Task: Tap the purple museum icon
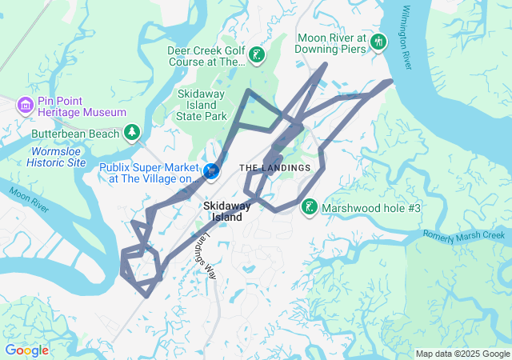26,104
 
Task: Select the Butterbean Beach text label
75,134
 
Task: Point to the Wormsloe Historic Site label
56,156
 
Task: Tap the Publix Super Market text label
149,173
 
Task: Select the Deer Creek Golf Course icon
257,55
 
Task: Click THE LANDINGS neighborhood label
274,167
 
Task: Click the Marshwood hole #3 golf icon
309,208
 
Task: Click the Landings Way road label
206,254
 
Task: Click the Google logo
26,350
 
